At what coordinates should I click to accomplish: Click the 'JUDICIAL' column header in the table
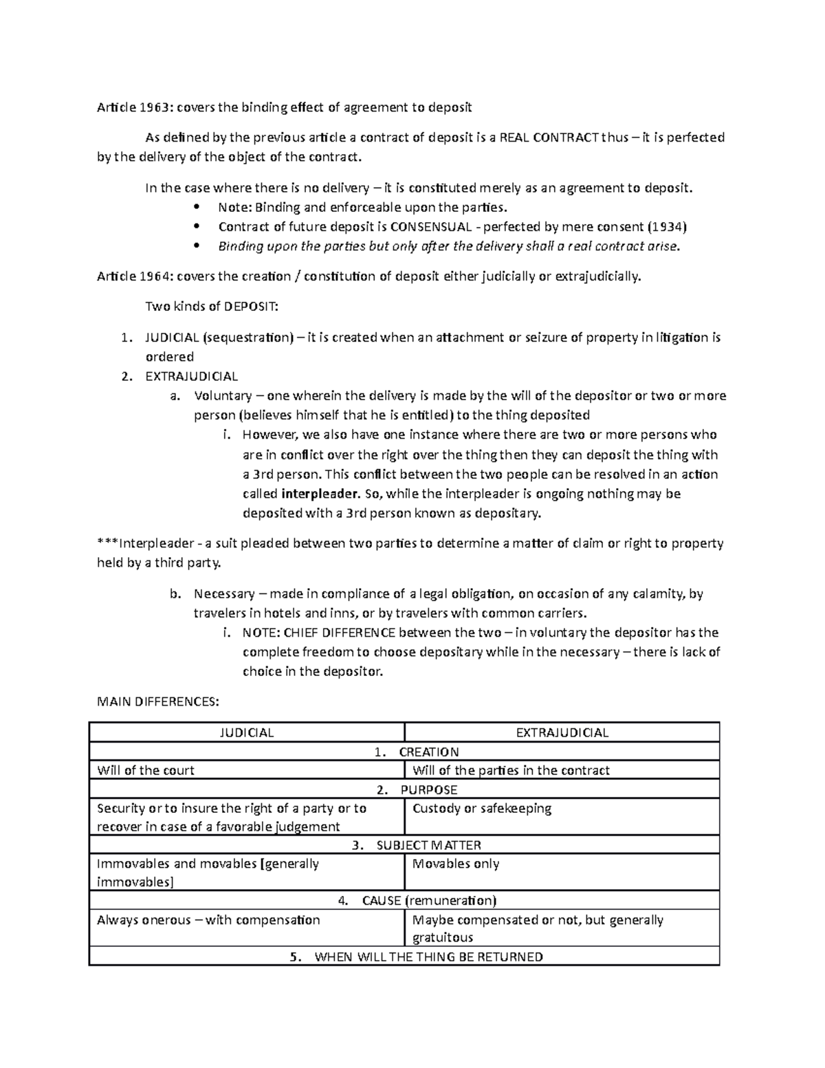[x=246, y=732]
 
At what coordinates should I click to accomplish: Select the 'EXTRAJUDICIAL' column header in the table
[x=562, y=732]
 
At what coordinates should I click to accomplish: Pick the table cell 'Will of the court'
[x=146, y=770]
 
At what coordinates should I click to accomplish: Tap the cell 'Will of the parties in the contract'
[x=511, y=770]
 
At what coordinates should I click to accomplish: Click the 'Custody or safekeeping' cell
[x=481, y=809]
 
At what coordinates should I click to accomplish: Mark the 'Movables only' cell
[x=455, y=864]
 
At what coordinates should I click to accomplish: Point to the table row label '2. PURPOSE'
[x=417, y=789]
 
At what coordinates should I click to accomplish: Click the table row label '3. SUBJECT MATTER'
[x=417, y=845]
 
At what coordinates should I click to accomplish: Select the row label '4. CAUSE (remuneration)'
[x=417, y=901]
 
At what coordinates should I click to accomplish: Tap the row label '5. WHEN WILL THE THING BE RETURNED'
[x=417, y=957]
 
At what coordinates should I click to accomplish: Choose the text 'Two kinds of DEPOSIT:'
[x=212, y=307]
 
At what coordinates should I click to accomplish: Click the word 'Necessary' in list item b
[x=224, y=593]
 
